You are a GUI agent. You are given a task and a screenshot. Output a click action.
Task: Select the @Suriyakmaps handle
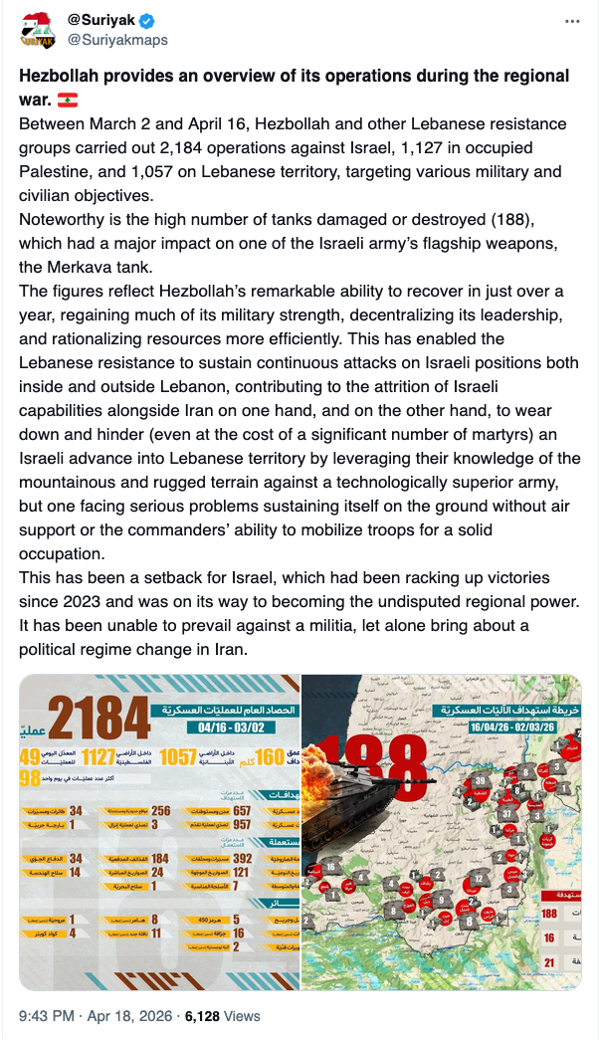pyautogui.click(x=117, y=40)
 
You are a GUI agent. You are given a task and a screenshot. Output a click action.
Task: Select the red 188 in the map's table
pyautogui.click(x=548, y=914)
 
